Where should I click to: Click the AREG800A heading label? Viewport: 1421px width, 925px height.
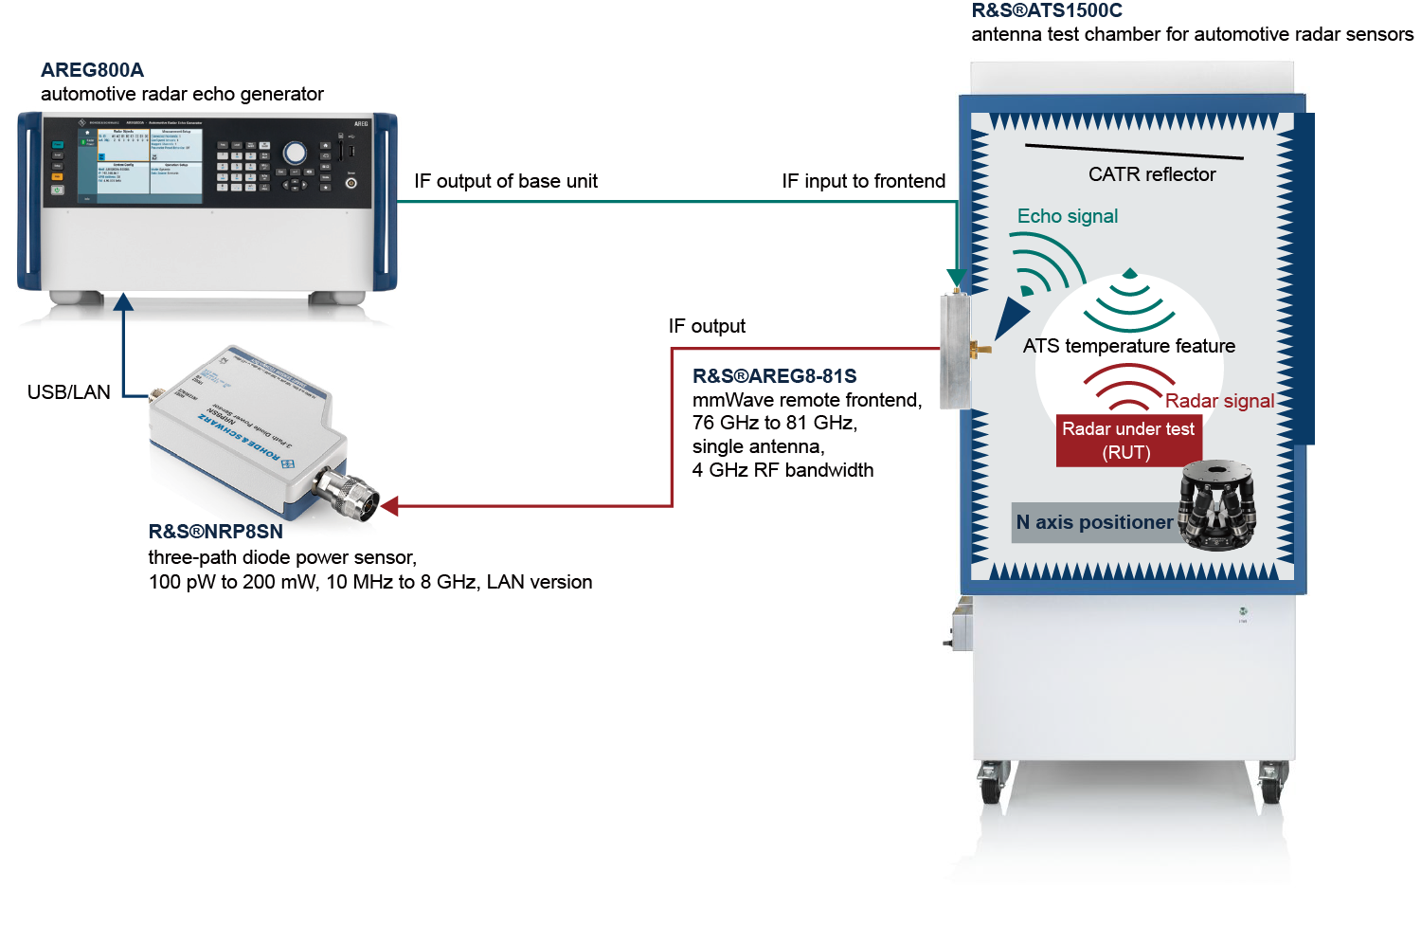coord(92,70)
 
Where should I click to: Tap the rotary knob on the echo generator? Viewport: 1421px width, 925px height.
coord(295,153)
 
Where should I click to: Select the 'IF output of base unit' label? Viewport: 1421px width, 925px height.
coord(505,181)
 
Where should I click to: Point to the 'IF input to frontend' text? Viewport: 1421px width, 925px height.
coord(863,181)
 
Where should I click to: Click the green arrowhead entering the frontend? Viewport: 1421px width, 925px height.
coord(957,278)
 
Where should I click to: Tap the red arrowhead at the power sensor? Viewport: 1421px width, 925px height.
coord(388,506)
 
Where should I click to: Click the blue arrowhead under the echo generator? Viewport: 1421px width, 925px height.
coord(123,301)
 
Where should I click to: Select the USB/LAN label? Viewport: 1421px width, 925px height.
coord(68,392)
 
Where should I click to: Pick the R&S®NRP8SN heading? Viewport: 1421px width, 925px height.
coord(215,532)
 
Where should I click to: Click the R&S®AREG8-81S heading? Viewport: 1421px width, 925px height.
coord(774,376)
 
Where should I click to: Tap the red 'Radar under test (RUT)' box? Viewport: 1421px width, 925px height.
coord(1127,441)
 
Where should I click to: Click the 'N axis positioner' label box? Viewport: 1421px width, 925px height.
coord(1093,522)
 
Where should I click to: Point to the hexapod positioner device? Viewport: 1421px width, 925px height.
coord(1217,504)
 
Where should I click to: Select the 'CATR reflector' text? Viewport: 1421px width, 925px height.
coord(1151,174)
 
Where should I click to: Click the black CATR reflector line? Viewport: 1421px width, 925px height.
coord(1133,152)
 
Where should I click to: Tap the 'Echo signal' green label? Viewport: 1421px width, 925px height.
coord(1067,216)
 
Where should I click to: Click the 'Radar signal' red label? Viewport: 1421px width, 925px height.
coord(1219,401)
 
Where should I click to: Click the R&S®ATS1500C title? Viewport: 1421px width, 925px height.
coord(1046,10)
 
